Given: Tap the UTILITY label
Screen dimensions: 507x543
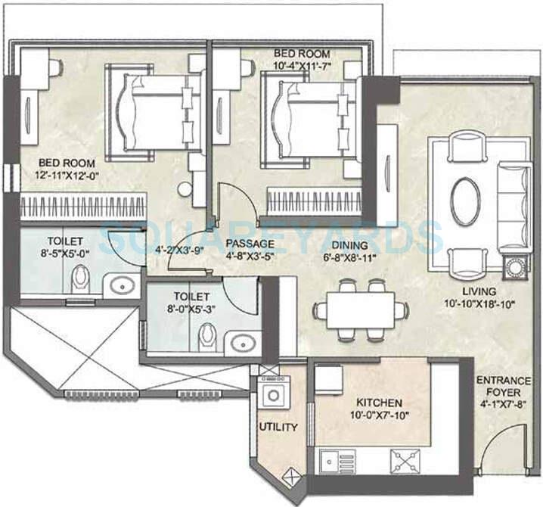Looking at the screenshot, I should (x=278, y=427).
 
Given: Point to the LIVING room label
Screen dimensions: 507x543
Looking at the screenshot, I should (x=480, y=291).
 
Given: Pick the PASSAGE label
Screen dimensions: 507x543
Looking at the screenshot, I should (x=249, y=244).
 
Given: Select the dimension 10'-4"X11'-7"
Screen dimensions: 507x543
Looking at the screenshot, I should (x=301, y=67).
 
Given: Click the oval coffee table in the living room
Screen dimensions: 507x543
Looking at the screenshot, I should (x=465, y=201).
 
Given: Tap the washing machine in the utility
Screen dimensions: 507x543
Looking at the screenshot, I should (x=272, y=395).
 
